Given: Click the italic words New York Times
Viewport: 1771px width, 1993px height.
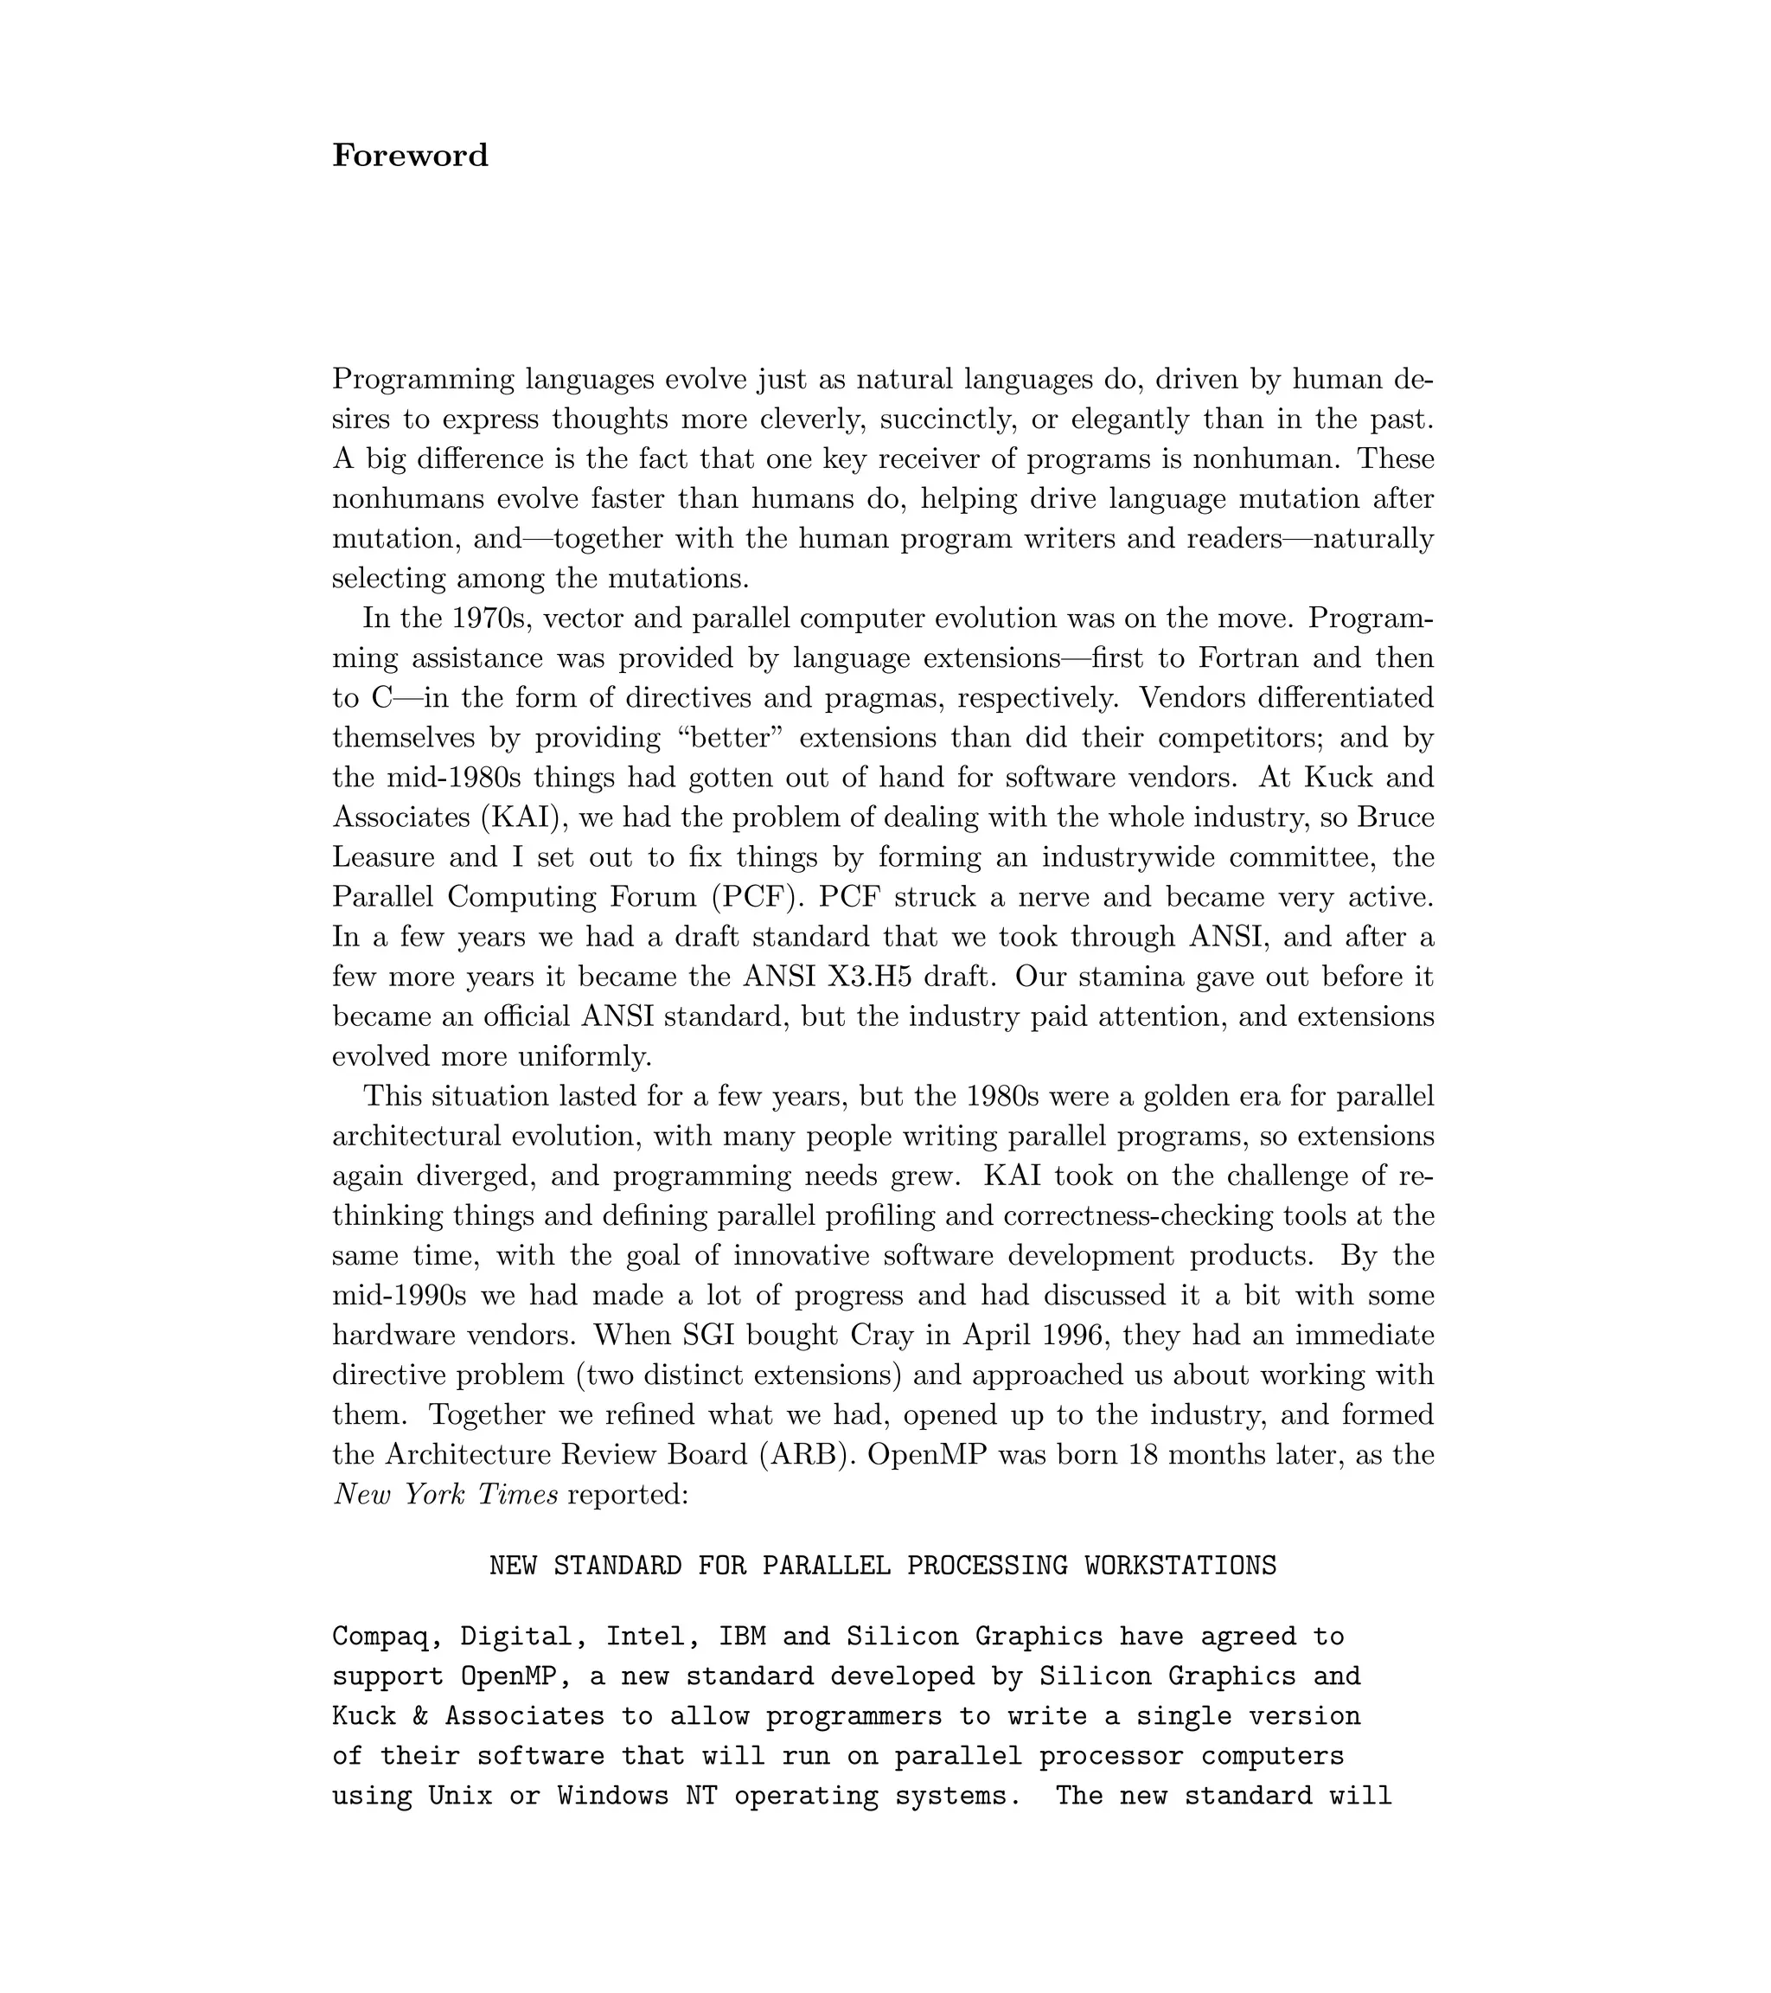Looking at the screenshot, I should tap(445, 1495).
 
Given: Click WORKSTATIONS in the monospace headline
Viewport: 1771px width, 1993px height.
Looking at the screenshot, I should tap(1180, 1566).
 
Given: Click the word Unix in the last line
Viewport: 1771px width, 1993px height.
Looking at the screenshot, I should tap(460, 1796).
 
